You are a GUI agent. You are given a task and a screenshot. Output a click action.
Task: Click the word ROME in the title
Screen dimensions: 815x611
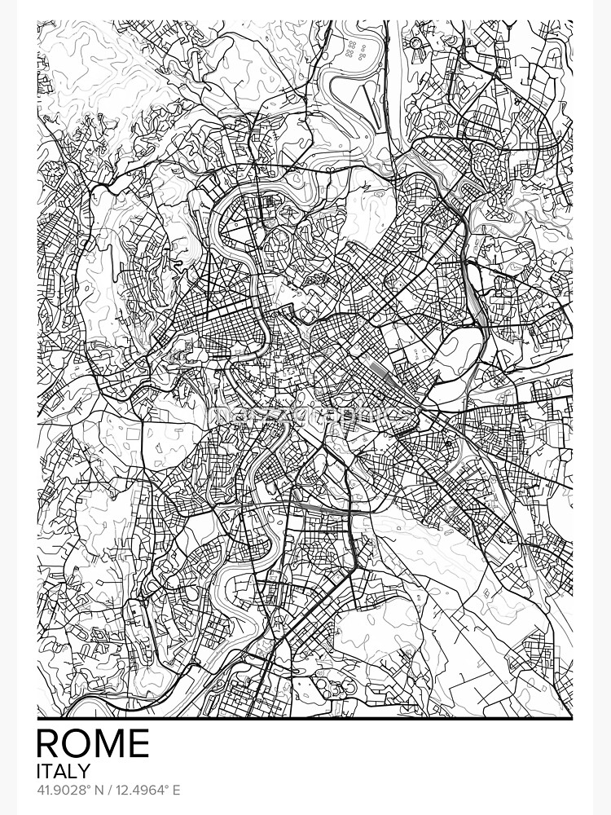[x=94, y=743]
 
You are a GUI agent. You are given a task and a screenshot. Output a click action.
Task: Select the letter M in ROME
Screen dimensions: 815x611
[x=111, y=743]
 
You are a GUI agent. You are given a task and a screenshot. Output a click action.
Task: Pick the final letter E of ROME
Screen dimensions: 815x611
[x=139, y=743]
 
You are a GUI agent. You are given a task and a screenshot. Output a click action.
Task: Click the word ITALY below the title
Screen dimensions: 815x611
[x=64, y=770]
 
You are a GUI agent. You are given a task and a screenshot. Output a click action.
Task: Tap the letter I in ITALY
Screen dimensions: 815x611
[x=39, y=770]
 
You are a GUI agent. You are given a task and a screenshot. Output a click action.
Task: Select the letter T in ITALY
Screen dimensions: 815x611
[x=48, y=770]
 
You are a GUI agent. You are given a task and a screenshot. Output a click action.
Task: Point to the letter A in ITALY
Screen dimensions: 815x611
[x=61, y=770]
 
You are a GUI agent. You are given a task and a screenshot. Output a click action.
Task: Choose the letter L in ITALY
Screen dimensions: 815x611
[x=73, y=770]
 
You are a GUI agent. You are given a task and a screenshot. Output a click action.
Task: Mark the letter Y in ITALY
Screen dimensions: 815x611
[x=85, y=770]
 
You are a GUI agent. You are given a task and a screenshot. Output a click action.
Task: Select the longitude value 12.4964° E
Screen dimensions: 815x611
[x=146, y=790]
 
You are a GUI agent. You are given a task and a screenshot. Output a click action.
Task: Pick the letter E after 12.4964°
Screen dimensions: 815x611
[x=175, y=790]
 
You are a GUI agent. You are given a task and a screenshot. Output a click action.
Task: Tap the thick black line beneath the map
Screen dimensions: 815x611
[x=305, y=719]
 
